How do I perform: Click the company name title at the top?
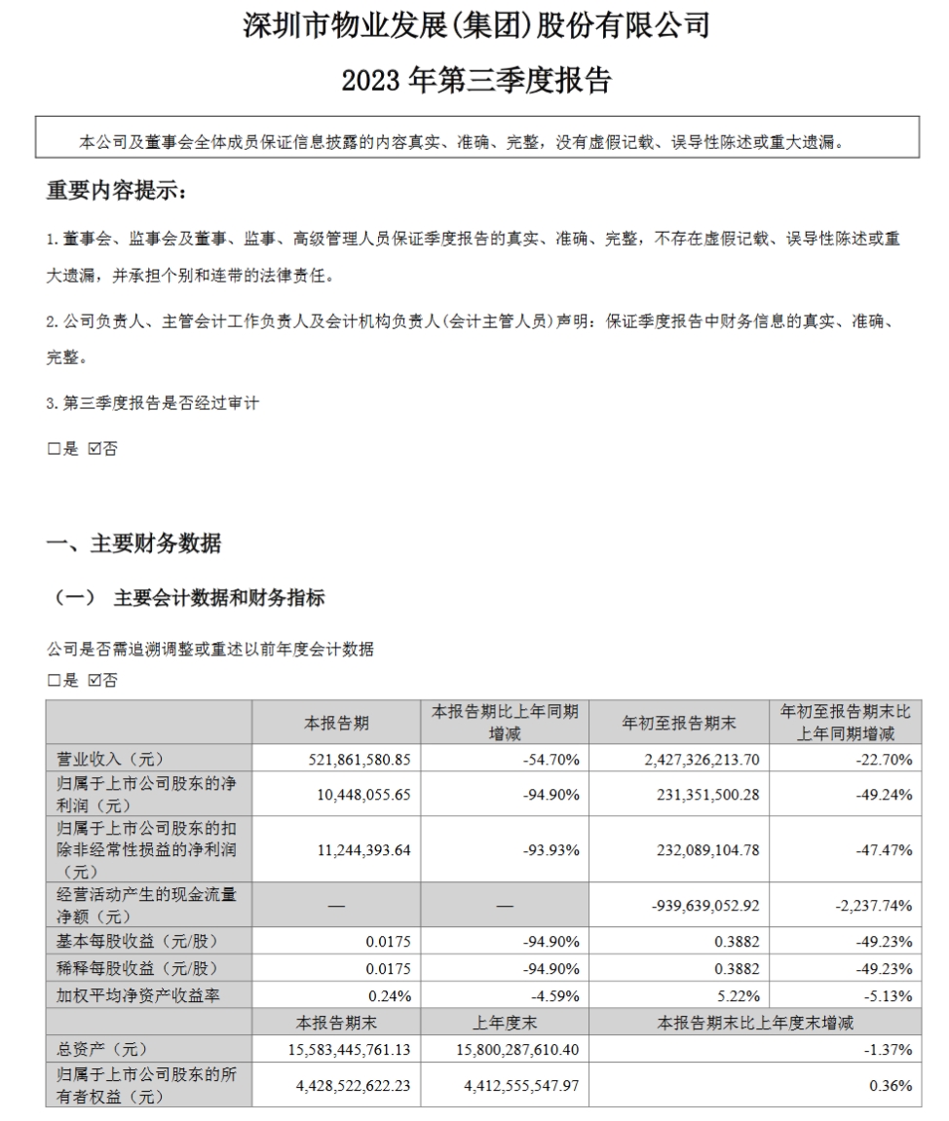pos(475,26)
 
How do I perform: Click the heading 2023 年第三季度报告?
pos(475,81)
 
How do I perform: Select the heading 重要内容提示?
pos(114,192)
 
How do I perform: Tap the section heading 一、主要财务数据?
pos(134,543)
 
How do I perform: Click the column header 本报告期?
pos(335,723)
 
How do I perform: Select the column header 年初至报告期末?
pos(678,723)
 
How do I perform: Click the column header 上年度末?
pos(504,1022)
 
